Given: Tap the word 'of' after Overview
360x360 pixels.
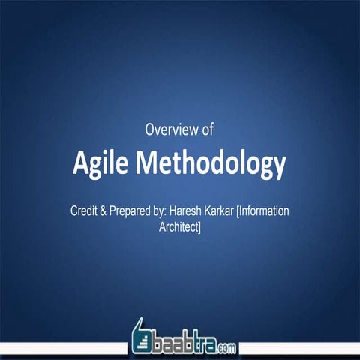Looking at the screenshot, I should coord(207,130).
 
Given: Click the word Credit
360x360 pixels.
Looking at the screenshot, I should coord(85,211).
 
